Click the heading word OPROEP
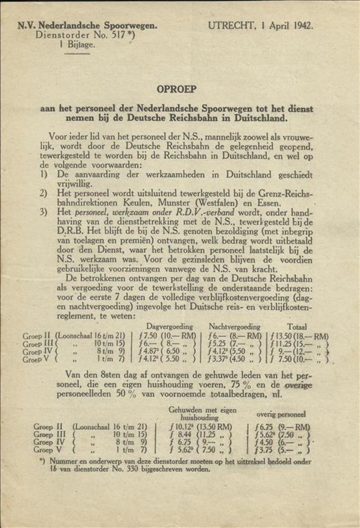click(176, 90)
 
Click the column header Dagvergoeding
click(169, 327)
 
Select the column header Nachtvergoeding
click(234, 327)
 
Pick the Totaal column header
click(297, 327)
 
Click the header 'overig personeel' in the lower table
click(281, 414)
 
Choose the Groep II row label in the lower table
click(48, 427)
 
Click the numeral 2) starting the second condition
click(44, 193)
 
